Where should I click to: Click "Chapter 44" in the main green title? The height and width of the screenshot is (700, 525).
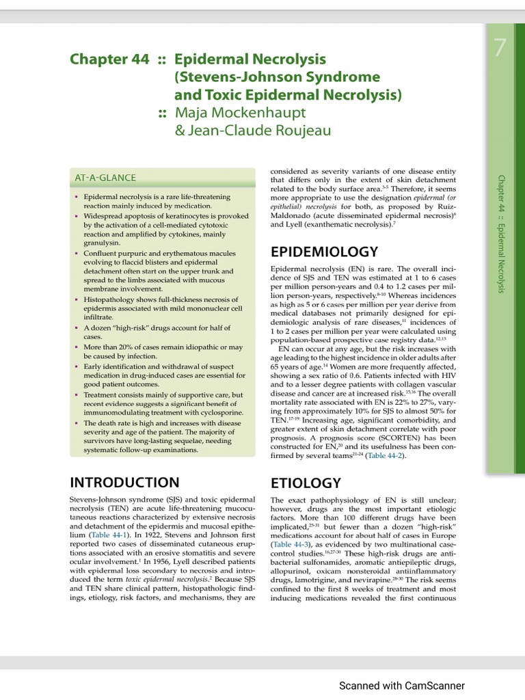pos(109,59)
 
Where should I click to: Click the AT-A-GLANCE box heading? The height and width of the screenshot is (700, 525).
pos(105,178)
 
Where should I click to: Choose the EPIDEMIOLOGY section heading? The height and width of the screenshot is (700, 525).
pos(324,252)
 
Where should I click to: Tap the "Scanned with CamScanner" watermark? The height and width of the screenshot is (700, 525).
pos(402,685)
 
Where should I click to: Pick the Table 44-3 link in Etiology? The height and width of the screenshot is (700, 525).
pos(290,544)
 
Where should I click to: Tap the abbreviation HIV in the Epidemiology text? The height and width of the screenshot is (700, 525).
pos(446,374)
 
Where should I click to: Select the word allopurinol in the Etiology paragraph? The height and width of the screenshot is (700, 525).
pos(294,571)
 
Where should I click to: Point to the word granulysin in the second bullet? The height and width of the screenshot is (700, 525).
pos(102,243)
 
